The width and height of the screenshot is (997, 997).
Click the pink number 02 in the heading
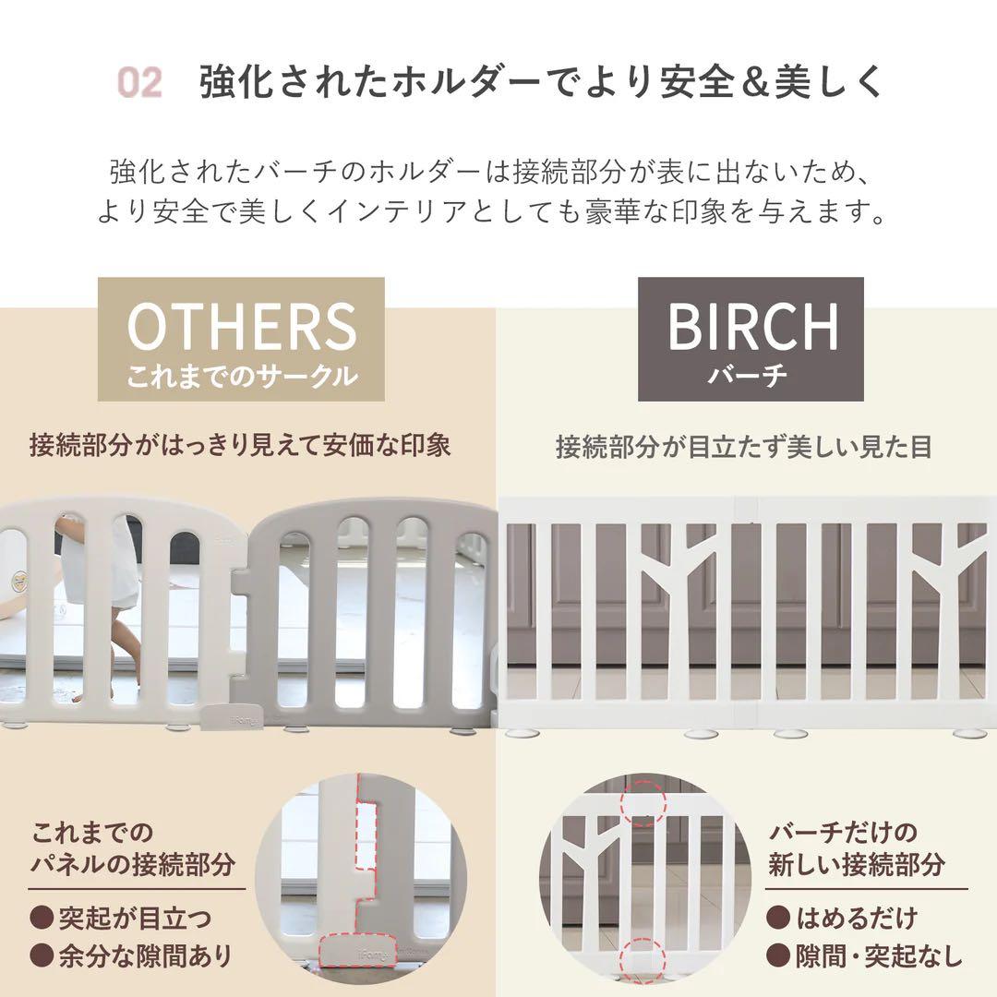pos(140,83)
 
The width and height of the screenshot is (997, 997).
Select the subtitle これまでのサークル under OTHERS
pos(241,376)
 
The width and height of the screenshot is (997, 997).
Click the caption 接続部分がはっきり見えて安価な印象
pos(240,445)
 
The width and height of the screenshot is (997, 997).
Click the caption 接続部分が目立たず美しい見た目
pos(744,447)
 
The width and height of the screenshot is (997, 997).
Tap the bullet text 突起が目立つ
pos(135,918)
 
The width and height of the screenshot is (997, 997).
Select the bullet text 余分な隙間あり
pos(144,955)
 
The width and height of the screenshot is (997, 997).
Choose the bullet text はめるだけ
pos(857,918)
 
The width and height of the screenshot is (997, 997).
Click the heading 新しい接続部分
pos(857,865)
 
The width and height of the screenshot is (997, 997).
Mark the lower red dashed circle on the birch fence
pos(644,960)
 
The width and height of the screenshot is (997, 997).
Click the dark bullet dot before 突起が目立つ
pos(42,919)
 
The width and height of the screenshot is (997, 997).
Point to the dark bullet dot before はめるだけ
pos(781,919)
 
